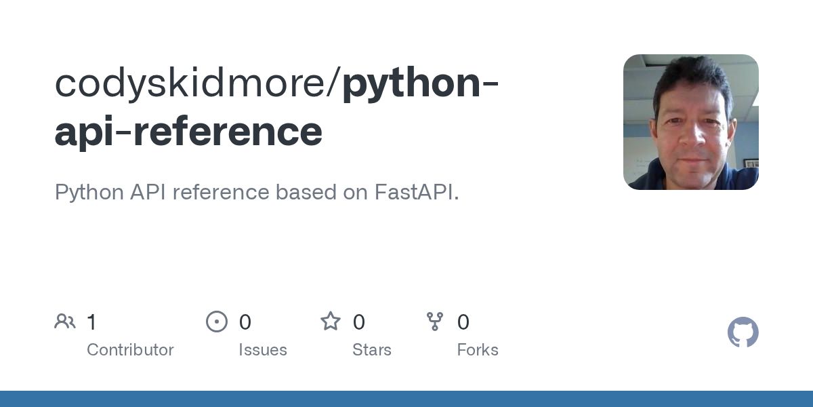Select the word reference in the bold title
point(228,132)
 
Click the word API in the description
point(148,193)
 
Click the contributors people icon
point(65,322)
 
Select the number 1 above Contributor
point(91,322)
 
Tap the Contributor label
point(130,350)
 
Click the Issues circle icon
point(217,322)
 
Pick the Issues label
point(263,350)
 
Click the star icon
point(331,322)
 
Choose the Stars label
point(372,350)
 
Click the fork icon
point(435,322)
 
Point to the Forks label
point(478,350)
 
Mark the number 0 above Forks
point(463,322)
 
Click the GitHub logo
point(743,332)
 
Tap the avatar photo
point(690,122)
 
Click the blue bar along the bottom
point(406,399)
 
